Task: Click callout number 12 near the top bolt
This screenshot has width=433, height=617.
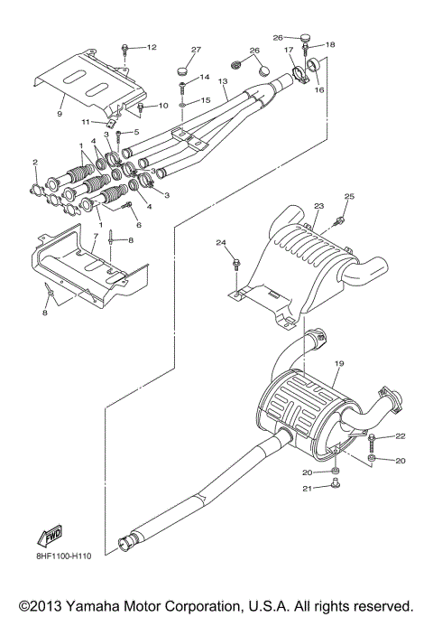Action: (x=151, y=46)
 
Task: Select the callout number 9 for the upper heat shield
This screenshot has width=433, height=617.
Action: (x=60, y=115)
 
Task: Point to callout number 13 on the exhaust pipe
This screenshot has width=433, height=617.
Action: (x=222, y=82)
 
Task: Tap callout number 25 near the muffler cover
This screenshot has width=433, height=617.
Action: (x=349, y=196)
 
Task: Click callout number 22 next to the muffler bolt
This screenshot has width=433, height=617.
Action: (x=401, y=436)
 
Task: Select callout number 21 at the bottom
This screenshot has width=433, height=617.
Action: (x=307, y=489)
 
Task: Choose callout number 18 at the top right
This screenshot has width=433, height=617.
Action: (x=330, y=43)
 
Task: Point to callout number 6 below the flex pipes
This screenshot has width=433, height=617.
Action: (x=139, y=224)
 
